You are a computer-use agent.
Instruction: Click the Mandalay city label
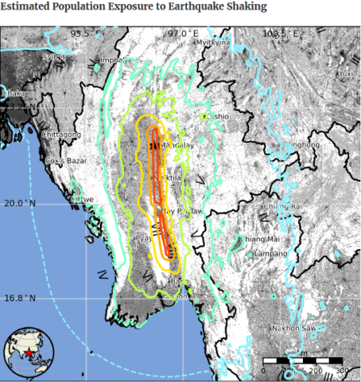click(177, 146)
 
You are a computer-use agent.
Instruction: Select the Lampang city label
click(270, 253)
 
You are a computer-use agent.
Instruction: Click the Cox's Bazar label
click(65, 162)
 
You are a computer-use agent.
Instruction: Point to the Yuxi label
click(344, 74)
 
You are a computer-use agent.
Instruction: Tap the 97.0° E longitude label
click(182, 34)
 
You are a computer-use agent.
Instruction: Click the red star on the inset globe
click(30, 352)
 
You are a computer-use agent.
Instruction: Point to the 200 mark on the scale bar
click(316, 371)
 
